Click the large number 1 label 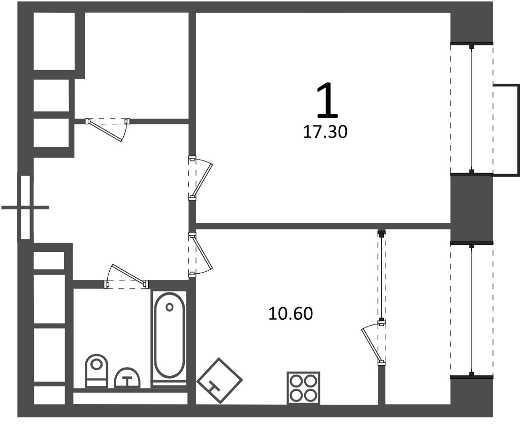pyautogui.click(x=328, y=101)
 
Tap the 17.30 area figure pyautogui.click(x=326, y=133)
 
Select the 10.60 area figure pyautogui.click(x=290, y=314)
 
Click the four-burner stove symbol pyautogui.click(x=303, y=388)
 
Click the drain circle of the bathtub pyautogui.click(x=170, y=307)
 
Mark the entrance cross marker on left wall pyautogui.click(x=25, y=208)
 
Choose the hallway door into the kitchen pyautogui.click(x=200, y=254)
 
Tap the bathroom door pyautogui.click(x=126, y=277)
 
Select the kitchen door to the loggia pyautogui.click(x=373, y=343)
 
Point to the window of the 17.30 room pyautogui.click(x=472, y=109)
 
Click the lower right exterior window pyautogui.click(x=472, y=310)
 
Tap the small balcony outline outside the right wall pyautogui.click(x=506, y=130)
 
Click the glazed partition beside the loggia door pyautogui.click(x=382, y=276)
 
